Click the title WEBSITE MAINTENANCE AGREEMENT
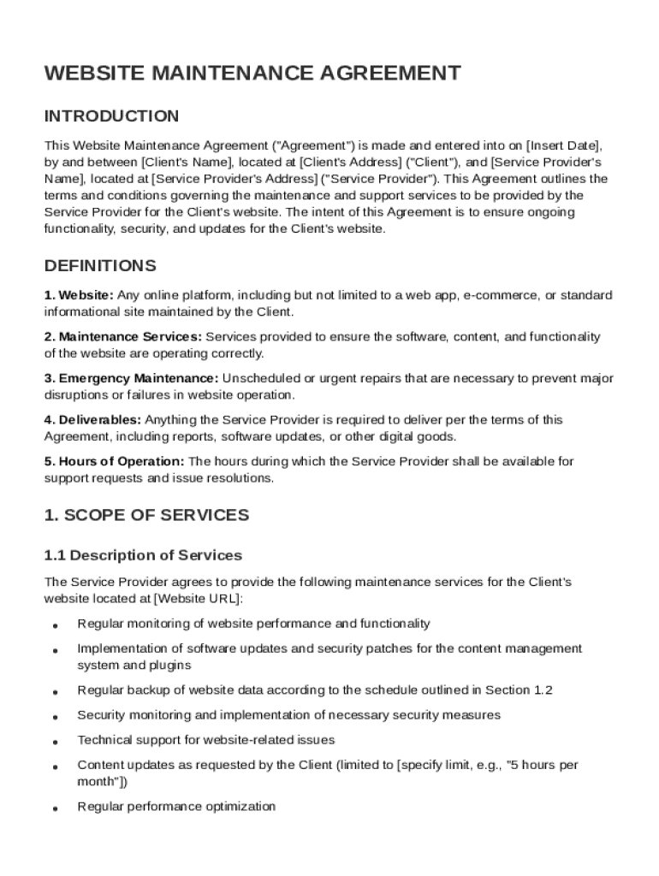click(x=252, y=74)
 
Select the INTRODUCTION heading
click(x=111, y=116)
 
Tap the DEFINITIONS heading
click(x=100, y=265)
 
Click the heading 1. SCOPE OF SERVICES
click(x=146, y=515)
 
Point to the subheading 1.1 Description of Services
click(x=143, y=555)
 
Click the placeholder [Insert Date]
click(x=563, y=145)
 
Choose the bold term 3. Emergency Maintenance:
click(x=131, y=378)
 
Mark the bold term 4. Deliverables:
click(x=93, y=419)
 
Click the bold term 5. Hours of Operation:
click(x=114, y=461)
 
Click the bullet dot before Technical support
click(x=54, y=741)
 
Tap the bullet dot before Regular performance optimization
click(x=54, y=808)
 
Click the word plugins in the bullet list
click(x=169, y=665)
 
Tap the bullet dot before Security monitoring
click(x=54, y=716)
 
